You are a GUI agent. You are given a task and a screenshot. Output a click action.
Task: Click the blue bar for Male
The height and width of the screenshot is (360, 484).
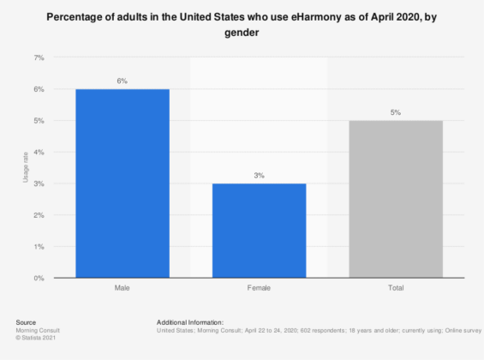point(122,183)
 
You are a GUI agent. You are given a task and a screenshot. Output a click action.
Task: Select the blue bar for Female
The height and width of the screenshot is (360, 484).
point(259,231)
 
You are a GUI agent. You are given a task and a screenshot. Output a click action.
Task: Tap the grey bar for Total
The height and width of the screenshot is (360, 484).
point(396,199)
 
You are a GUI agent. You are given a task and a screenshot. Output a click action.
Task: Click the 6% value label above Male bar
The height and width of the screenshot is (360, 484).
point(122,81)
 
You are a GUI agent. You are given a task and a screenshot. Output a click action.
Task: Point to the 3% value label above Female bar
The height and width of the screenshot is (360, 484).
point(259,175)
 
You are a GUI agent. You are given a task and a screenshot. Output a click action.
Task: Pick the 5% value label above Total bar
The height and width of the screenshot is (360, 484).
point(396,112)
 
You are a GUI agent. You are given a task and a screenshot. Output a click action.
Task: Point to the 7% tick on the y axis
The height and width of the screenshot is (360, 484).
point(39,57)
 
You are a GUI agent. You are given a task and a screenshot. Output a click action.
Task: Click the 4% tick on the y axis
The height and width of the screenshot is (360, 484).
point(39,153)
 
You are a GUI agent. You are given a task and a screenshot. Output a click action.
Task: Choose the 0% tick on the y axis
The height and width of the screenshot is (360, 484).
point(39,279)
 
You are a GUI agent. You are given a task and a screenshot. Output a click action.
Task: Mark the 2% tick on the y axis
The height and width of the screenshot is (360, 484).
point(39,215)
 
